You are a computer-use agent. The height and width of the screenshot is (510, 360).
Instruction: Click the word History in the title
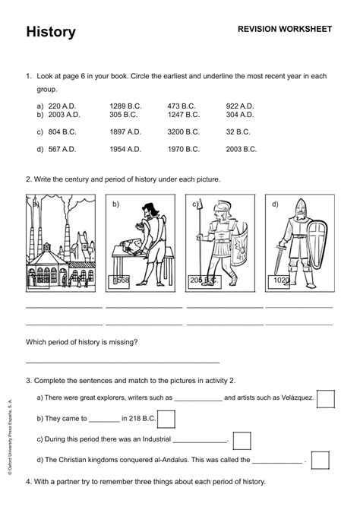[x=51, y=32]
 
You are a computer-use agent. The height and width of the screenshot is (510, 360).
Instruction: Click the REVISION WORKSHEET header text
[x=285, y=29]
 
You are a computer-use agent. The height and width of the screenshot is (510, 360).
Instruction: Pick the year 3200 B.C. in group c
[x=183, y=131]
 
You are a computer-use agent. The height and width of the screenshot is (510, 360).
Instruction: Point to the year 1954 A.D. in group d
[x=125, y=150]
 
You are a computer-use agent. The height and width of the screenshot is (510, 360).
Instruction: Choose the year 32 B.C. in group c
[x=238, y=131]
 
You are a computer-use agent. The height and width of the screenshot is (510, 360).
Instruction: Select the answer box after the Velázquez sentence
[x=325, y=398]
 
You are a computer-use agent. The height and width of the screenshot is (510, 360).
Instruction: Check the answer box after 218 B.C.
[x=166, y=419]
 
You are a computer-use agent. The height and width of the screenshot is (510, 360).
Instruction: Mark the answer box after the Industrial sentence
[x=242, y=440]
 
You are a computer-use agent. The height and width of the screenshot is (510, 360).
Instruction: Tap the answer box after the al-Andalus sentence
[x=321, y=460]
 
